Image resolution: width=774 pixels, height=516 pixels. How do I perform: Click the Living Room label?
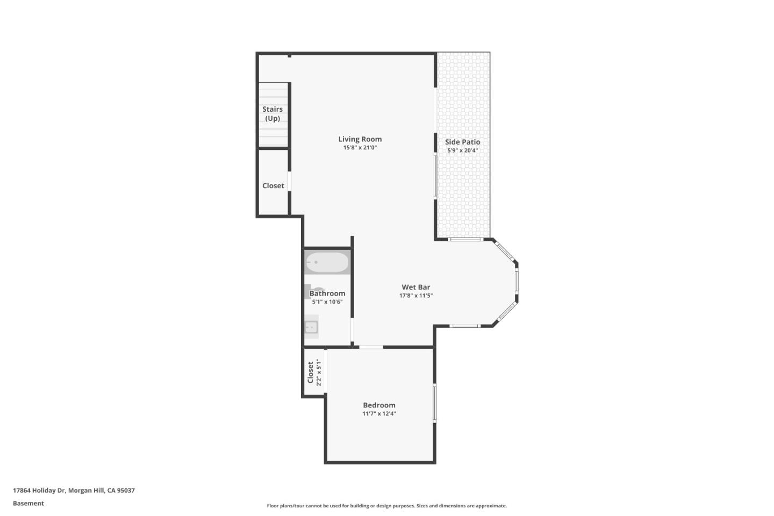pyautogui.click(x=360, y=139)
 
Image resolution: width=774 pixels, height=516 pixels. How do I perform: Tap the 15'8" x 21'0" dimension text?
pyautogui.click(x=360, y=147)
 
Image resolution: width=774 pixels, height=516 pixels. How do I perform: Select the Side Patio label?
pyautogui.click(x=462, y=142)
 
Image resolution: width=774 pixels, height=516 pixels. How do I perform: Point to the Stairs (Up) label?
pyautogui.click(x=273, y=113)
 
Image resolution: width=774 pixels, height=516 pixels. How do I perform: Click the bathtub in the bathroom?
pyautogui.click(x=327, y=262)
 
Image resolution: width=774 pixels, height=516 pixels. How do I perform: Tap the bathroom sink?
pyautogui.click(x=311, y=326)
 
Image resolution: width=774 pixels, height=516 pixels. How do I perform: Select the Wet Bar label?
pyautogui.click(x=415, y=287)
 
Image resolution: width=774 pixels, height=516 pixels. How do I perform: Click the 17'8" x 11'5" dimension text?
pyautogui.click(x=415, y=296)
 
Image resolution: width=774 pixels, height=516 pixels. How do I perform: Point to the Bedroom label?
pyautogui.click(x=379, y=405)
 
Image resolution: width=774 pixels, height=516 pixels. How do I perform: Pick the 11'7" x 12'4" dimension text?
pyautogui.click(x=379, y=414)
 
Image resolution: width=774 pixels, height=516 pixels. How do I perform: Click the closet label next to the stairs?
pyautogui.click(x=273, y=185)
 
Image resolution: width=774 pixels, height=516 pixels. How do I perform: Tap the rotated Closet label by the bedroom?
pyautogui.click(x=310, y=372)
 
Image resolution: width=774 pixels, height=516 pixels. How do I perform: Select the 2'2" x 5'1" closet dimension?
pyautogui.click(x=319, y=372)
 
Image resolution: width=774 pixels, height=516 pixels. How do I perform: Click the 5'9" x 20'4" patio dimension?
pyautogui.click(x=462, y=150)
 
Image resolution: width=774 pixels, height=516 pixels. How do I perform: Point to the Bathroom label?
pyautogui.click(x=327, y=293)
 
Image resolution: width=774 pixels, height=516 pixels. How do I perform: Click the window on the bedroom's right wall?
pyautogui.click(x=434, y=403)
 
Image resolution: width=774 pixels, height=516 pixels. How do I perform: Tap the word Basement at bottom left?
pyautogui.click(x=28, y=503)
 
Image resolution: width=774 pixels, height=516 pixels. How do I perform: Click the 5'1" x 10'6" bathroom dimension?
pyautogui.click(x=327, y=302)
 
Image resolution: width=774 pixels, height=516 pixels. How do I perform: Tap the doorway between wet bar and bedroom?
pyautogui.click(x=371, y=347)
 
